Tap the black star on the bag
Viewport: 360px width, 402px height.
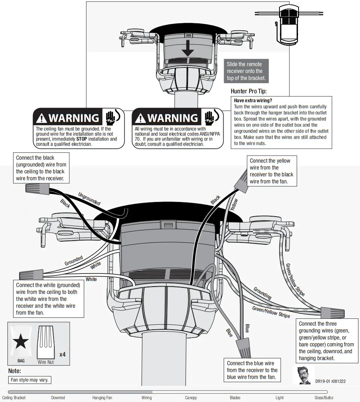[21, 342]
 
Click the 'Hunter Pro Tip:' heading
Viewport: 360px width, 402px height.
[249, 91]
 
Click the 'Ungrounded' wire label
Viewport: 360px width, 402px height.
[89, 199]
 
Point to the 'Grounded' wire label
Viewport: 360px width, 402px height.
[73, 261]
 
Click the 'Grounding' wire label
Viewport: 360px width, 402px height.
[262, 293]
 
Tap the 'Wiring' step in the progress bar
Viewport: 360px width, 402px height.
[146, 398]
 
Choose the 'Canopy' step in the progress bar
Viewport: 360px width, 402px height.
[191, 398]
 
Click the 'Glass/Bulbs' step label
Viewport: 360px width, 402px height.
[324, 398]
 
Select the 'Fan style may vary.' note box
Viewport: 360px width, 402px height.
[29, 380]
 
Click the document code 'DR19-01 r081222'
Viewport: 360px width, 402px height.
[330, 381]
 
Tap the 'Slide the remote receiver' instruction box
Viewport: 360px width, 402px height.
[246, 71]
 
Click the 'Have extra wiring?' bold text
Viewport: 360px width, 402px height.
[253, 100]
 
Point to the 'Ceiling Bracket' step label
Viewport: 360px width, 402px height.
[14, 398]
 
